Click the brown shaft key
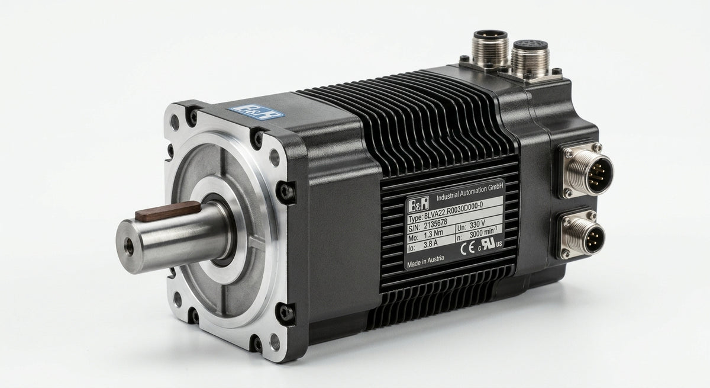168,211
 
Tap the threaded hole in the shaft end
130,246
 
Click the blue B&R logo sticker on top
257,111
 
